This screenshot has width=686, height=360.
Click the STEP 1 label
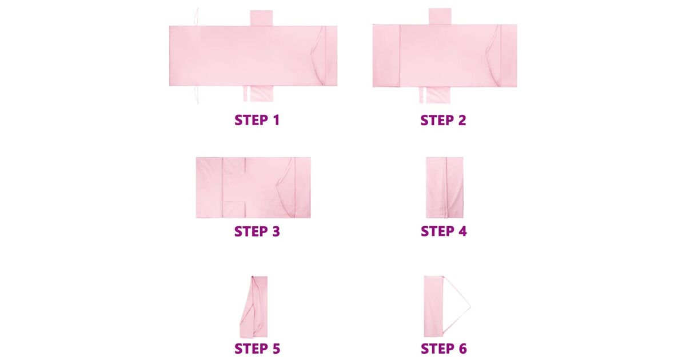tap(257, 120)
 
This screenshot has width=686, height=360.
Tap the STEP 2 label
tap(443, 120)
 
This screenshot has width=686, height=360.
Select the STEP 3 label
tap(257, 231)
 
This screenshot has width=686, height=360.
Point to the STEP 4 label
tap(444, 231)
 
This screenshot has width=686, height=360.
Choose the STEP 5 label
tap(257, 349)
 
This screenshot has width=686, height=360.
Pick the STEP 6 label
tap(444, 349)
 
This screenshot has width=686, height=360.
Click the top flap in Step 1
tap(261, 18)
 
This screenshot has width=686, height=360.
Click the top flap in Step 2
tap(440, 17)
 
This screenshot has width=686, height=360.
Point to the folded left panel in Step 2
tap(386, 56)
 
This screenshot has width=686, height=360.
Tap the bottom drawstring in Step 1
tap(196, 94)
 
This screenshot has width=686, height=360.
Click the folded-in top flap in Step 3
tap(234, 166)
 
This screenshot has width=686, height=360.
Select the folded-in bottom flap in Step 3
tap(234, 210)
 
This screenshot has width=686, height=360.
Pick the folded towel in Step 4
tap(445, 187)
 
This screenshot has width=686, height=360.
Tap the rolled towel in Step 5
tap(254, 307)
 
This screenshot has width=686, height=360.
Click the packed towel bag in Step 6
tap(433, 306)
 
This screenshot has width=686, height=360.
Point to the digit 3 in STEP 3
tap(276, 231)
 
